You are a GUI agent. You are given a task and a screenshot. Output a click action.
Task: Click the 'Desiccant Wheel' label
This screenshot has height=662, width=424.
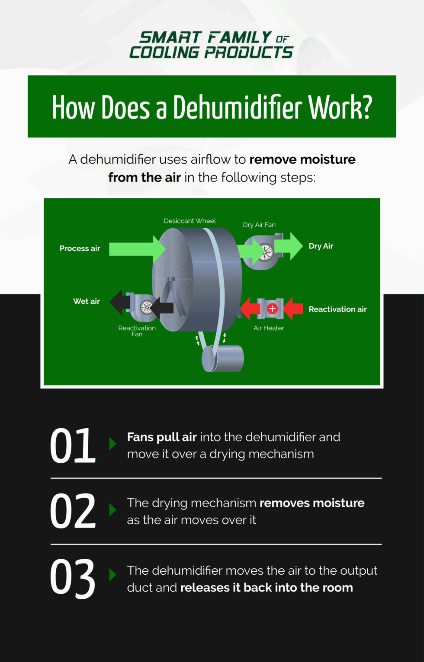190,221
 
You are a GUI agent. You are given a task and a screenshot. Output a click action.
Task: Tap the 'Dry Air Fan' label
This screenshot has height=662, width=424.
259,225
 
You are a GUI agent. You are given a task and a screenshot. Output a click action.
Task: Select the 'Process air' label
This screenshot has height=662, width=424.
80,248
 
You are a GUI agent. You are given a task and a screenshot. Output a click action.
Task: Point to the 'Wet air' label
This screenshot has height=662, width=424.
87,301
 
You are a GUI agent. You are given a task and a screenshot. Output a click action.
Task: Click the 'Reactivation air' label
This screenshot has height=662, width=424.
337,309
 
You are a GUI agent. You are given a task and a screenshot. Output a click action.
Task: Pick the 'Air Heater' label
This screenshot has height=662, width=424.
269,328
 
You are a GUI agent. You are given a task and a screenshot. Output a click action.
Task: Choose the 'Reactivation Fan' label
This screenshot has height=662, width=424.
137,331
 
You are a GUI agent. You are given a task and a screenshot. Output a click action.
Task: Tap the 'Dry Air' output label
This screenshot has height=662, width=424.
321,246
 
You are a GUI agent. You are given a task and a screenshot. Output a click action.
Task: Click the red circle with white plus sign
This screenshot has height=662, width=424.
272,309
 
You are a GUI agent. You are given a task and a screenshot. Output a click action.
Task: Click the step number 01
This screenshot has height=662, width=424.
72,446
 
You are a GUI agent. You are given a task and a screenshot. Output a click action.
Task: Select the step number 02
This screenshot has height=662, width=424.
72,511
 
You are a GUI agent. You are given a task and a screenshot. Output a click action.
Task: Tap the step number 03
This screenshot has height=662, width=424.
72,578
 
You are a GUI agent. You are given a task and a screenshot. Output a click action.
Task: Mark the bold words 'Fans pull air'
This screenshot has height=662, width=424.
162,437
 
